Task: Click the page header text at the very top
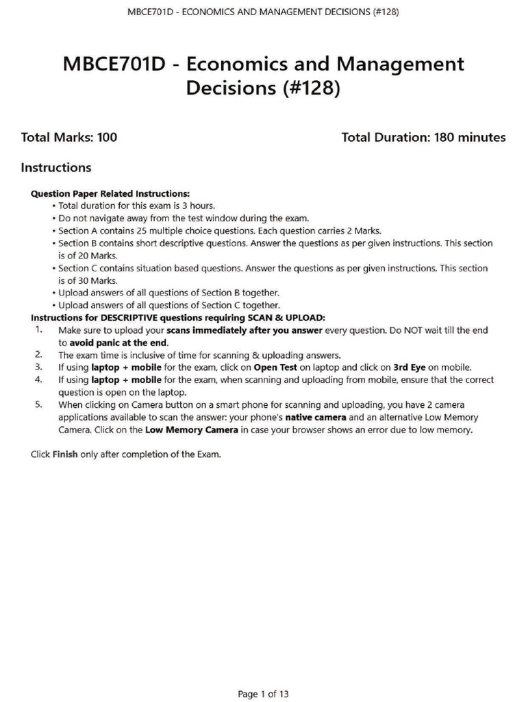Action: (x=263, y=12)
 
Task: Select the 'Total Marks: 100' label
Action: (x=69, y=137)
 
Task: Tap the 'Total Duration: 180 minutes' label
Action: (x=423, y=137)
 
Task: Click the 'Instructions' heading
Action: (x=56, y=167)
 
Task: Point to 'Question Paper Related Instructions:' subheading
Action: (x=110, y=193)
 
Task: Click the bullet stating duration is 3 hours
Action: (x=136, y=206)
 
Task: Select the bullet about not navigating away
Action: (x=184, y=218)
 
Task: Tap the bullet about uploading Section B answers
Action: (x=168, y=293)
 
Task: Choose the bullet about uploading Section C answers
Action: (x=168, y=305)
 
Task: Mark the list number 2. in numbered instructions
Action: (x=39, y=354)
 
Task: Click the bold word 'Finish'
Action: (x=65, y=454)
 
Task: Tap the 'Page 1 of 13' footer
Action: (x=263, y=694)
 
